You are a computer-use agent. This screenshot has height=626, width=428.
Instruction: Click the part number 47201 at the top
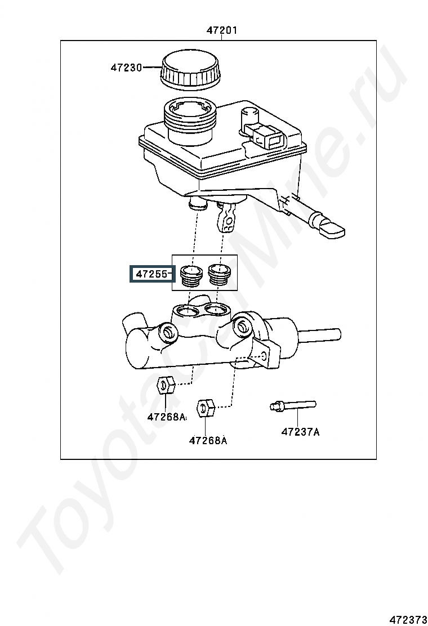click(221, 30)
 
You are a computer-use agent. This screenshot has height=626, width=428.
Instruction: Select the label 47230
click(126, 68)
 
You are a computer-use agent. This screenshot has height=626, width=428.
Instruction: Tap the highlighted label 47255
click(151, 274)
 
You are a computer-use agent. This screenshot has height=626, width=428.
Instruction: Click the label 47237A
click(300, 432)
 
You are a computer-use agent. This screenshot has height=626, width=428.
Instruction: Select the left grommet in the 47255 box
click(190, 275)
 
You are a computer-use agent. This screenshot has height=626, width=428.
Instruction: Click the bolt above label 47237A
click(292, 406)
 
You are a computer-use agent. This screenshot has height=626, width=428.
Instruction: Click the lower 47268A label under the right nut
click(208, 440)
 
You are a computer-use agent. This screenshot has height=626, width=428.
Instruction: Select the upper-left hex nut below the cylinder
click(166, 385)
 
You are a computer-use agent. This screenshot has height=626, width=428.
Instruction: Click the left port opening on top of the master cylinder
click(187, 310)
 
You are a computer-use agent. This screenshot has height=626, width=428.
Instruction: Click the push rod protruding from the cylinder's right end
click(319, 333)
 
